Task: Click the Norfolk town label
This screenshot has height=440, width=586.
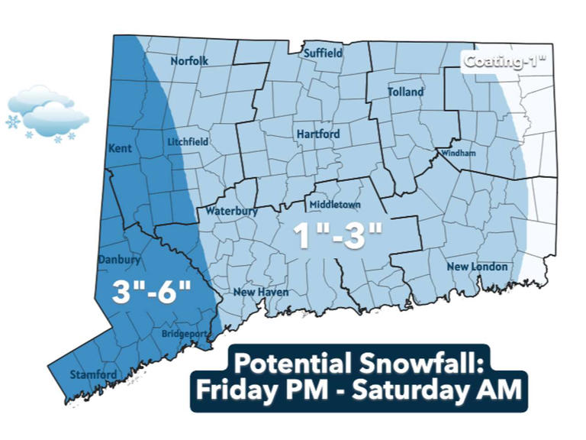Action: [x=190, y=61]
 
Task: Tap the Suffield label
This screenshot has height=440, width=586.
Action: [x=323, y=54]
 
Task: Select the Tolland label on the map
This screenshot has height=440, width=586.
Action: [x=405, y=92]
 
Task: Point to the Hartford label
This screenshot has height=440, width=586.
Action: [x=317, y=134]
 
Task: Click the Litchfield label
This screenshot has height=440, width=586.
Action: [x=188, y=142]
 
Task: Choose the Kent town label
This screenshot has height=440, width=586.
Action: [x=121, y=147]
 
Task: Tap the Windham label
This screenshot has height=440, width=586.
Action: [x=459, y=154]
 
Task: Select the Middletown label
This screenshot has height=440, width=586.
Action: [x=334, y=205]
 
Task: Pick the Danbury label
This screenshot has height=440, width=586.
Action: [x=119, y=260]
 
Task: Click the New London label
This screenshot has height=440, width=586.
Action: [x=477, y=267]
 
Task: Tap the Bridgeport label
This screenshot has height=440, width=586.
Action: [x=184, y=335]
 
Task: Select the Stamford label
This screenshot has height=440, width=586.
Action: [x=94, y=374]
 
